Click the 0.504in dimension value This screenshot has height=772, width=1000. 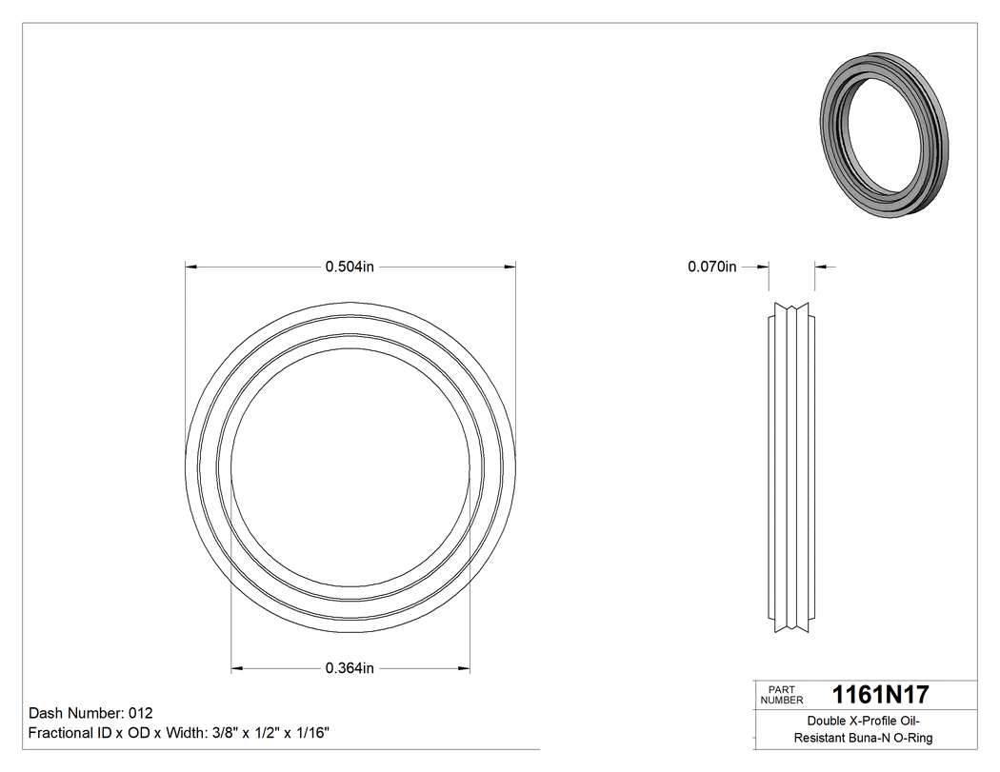tap(350, 267)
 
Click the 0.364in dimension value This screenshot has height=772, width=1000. tap(350, 668)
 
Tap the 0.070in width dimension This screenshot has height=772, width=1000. tap(712, 267)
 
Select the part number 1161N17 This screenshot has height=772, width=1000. tap(880, 695)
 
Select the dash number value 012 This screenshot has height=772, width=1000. tap(140, 713)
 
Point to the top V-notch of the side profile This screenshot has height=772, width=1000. tap(791, 308)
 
